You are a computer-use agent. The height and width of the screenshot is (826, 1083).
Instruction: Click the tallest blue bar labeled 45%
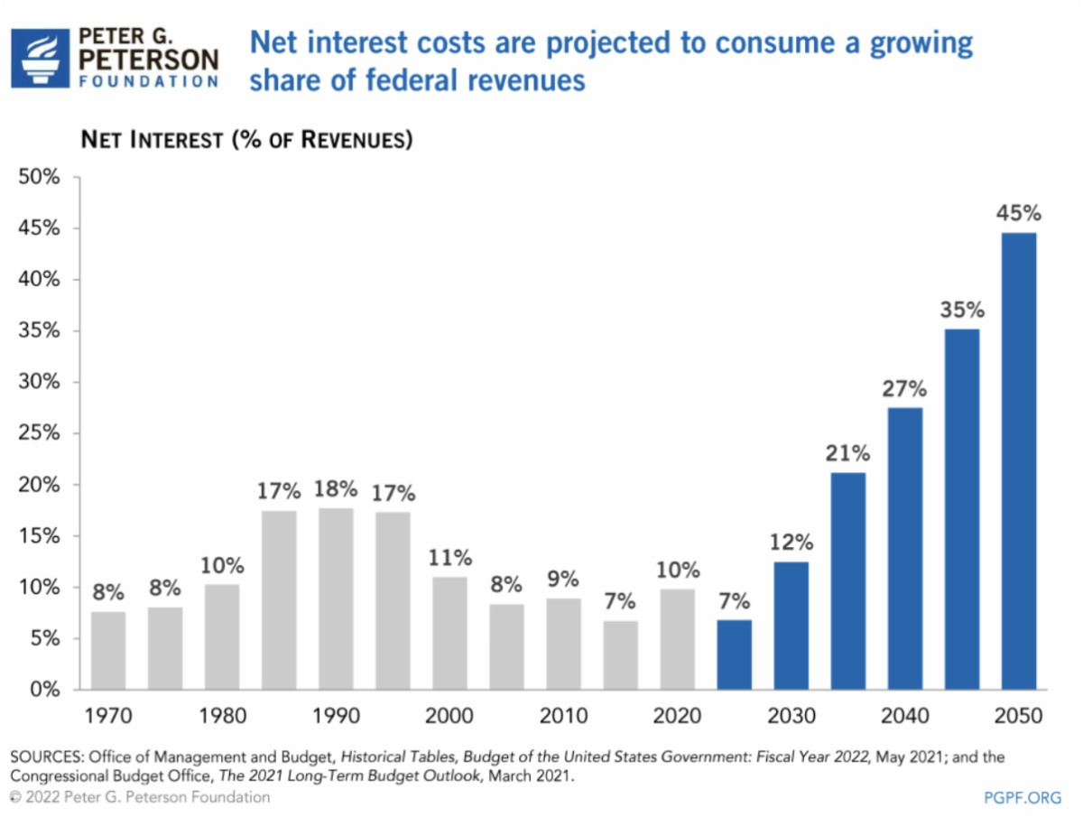tap(1018, 460)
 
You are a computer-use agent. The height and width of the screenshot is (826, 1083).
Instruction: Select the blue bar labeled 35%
tap(961, 509)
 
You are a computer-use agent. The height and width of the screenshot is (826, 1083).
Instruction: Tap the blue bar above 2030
tap(791, 626)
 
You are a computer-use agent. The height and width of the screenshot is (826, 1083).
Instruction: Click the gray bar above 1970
tap(108, 650)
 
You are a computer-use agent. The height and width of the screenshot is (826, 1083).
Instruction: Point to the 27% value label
tap(904, 390)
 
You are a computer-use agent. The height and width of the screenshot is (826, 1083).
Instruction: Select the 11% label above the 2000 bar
tap(449, 558)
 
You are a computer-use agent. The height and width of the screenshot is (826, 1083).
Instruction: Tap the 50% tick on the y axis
tap(39, 178)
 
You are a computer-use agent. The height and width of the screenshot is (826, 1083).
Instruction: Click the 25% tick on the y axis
tap(39, 433)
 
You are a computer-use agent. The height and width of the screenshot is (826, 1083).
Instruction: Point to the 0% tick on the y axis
tap(44, 690)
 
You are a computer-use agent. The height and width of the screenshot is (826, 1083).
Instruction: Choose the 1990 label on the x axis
tap(336, 717)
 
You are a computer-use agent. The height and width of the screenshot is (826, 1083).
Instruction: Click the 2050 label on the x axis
tap(1018, 717)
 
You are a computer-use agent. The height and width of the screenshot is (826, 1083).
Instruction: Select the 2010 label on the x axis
tap(563, 717)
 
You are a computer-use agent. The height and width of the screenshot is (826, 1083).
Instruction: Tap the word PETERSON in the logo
tap(149, 60)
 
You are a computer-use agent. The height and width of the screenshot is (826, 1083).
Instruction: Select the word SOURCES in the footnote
tap(46, 756)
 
